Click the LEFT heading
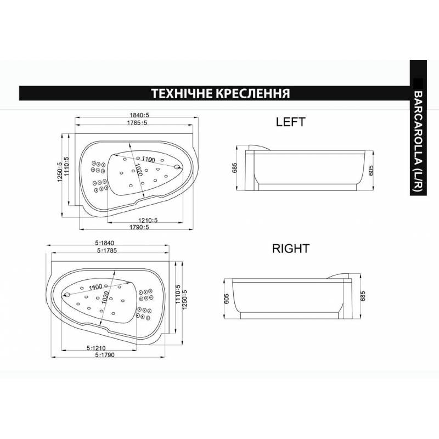click(291, 122)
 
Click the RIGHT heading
click(291, 249)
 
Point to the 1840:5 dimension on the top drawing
click(139, 115)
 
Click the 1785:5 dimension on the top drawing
click(137, 122)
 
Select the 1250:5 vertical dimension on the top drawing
click(59, 172)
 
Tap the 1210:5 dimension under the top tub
click(148, 220)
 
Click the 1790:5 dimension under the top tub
click(139, 227)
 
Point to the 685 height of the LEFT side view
click(235, 168)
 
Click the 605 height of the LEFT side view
click(371, 170)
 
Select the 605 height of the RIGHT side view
click(227, 299)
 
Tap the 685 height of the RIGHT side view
click(363, 296)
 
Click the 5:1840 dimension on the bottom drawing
click(105, 243)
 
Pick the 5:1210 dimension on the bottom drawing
click(96, 348)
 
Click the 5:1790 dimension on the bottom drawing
click(105, 355)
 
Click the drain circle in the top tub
click(177, 167)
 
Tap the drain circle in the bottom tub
click(67, 295)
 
